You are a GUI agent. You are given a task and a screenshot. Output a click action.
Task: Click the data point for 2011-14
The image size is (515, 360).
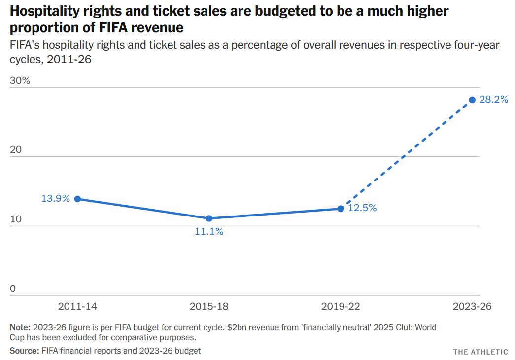77,199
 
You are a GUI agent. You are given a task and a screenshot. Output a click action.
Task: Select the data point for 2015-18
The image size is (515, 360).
209,218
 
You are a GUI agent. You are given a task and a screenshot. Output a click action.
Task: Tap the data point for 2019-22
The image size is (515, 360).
341,209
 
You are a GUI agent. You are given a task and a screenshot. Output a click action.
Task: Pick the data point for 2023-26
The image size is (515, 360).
472,100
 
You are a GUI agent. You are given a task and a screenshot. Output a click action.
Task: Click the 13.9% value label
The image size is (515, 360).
56,199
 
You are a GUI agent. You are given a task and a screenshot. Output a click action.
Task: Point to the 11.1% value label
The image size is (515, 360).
209,231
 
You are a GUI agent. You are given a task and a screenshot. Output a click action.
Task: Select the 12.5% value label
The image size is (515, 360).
362,208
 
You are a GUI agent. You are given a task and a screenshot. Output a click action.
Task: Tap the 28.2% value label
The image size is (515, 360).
493,100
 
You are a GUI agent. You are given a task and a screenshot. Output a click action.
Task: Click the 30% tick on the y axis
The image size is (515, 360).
20,81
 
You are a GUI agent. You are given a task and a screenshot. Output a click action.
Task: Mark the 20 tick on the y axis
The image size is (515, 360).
16,150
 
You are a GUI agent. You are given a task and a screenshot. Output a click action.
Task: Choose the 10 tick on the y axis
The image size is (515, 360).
16,219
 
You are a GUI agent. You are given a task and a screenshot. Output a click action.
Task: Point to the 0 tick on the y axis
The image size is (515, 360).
13,289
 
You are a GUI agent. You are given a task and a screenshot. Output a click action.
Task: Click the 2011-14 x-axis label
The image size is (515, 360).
77,306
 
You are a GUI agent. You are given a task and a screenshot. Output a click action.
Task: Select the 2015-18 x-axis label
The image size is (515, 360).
209,306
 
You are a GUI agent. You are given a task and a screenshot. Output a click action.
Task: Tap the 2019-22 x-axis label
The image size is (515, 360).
341,306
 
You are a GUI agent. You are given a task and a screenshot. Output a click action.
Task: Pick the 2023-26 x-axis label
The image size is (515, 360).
472,306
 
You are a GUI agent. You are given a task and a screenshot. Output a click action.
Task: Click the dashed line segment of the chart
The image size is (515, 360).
407,154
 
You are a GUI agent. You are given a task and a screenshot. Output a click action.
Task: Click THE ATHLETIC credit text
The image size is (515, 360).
481,352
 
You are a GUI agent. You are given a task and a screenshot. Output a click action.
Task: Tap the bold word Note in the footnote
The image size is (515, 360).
20,327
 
